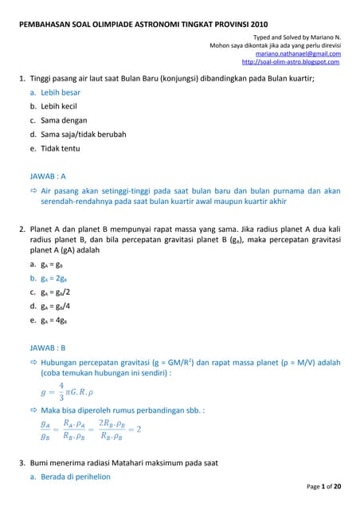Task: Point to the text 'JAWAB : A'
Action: pyautogui.click(x=47, y=176)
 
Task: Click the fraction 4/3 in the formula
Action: pyautogui.click(x=61, y=391)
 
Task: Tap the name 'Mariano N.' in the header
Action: pyautogui.click(x=321, y=37)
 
